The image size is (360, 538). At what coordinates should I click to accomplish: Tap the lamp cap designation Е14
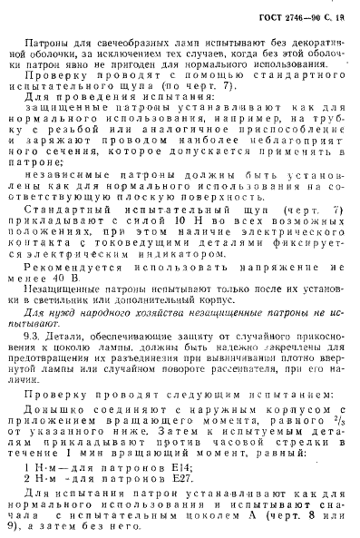(175, 492)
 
